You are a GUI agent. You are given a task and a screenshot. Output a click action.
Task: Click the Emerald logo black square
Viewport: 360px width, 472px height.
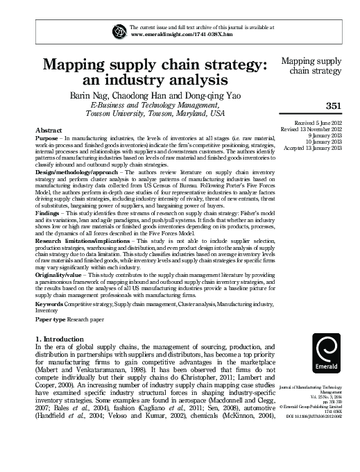point(327,355)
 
